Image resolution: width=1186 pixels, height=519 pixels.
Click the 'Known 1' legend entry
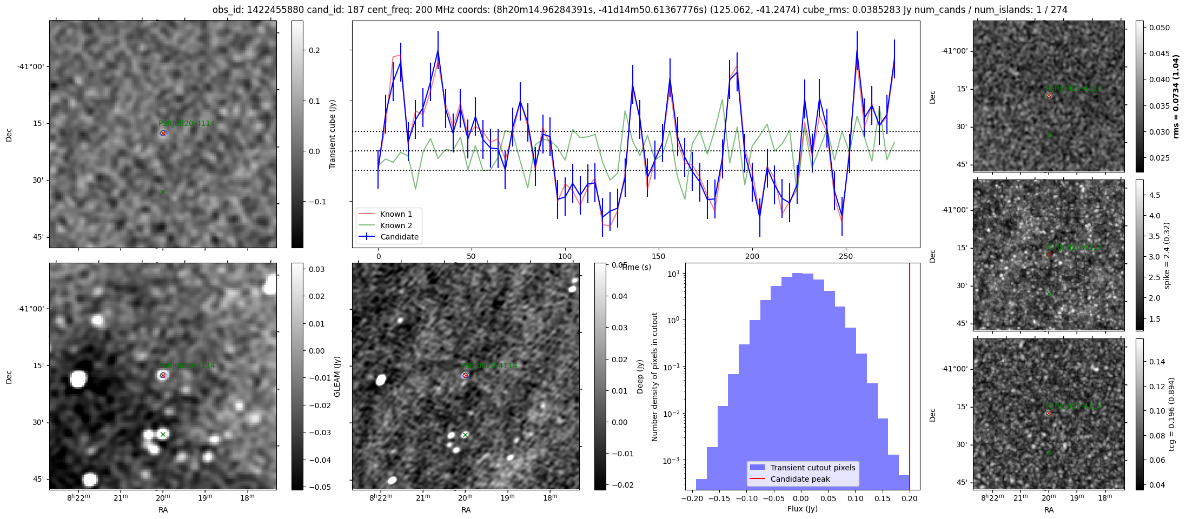pyautogui.click(x=396, y=214)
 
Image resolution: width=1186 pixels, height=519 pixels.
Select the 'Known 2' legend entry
pyautogui.click(x=396, y=225)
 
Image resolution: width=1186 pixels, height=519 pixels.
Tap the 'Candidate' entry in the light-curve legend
pyautogui.click(x=399, y=237)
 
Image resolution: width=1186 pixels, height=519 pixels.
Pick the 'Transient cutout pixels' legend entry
pyautogui.click(x=813, y=468)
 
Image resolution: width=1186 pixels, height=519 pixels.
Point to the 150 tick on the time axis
pyautogui.click(x=659, y=256)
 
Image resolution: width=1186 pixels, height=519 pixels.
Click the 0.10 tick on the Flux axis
pyautogui.click(x=855, y=498)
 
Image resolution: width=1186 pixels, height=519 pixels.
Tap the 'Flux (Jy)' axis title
pyautogui.click(x=803, y=509)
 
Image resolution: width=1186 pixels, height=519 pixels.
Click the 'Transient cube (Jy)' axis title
pyautogui.click(x=333, y=134)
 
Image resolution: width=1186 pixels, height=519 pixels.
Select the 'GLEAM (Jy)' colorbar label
pyautogui.click(x=337, y=376)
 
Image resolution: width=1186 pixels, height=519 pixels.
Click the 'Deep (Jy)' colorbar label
pyautogui.click(x=640, y=376)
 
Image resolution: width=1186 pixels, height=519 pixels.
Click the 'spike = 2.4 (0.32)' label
pyautogui.click(x=1167, y=255)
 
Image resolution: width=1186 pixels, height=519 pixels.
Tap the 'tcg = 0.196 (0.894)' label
pyautogui.click(x=1171, y=414)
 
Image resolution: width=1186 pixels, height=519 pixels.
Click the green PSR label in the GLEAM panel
pyautogui.click(x=187, y=366)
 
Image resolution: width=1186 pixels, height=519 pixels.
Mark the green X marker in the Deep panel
pyautogui.click(x=465, y=435)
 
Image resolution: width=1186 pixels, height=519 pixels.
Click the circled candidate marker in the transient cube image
pyautogui.click(x=163, y=132)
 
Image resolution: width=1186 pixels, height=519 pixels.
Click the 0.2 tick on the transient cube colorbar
pyautogui.click(x=314, y=50)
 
